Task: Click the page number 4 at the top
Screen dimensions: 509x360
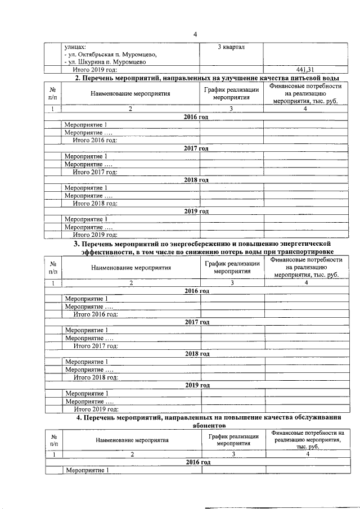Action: pyautogui.click(x=195, y=34)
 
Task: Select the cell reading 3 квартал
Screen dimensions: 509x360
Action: pyautogui.click(x=231, y=46)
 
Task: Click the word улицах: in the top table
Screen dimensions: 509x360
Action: pyautogui.click(x=75, y=46)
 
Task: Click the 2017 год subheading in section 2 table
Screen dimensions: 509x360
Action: pyautogui.click(x=196, y=148)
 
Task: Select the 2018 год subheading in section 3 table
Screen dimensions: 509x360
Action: pyautogui.click(x=197, y=353)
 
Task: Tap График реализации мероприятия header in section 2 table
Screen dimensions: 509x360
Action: pyautogui.click(x=231, y=93)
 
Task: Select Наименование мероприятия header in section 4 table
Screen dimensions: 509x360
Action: pyautogui.click(x=132, y=440)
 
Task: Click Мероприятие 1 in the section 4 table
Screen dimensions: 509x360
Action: pyautogui.click(x=87, y=470)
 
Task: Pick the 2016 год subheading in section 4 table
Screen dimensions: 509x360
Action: pyautogui.click(x=197, y=462)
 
